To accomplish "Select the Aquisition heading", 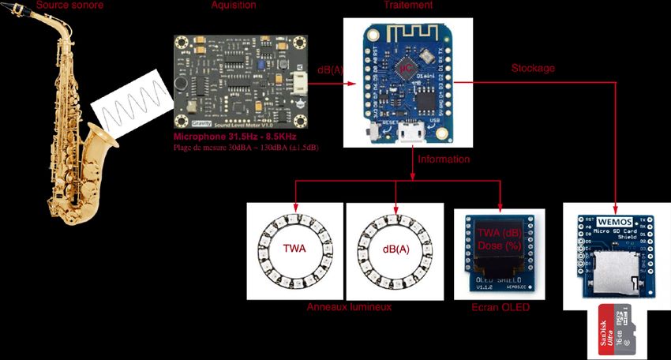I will pyautogui.click(x=234, y=6).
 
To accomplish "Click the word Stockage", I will pyautogui.click(x=533, y=69).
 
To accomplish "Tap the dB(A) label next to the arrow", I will pyautogui.click(x=329, y=70).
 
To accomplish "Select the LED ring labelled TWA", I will pyautogui.click(x=294, y=251).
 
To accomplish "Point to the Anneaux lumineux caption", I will pyautogui.click(x=349, y=307).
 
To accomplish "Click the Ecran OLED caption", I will pyautogui.click(x=499, y=307).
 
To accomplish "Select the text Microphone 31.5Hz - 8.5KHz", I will pyautogui.click(x=228, y=137).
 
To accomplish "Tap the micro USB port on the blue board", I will pyautogui.click(x=409, y=133).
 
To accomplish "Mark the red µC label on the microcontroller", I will pyautogui.click(x=406, y=69).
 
